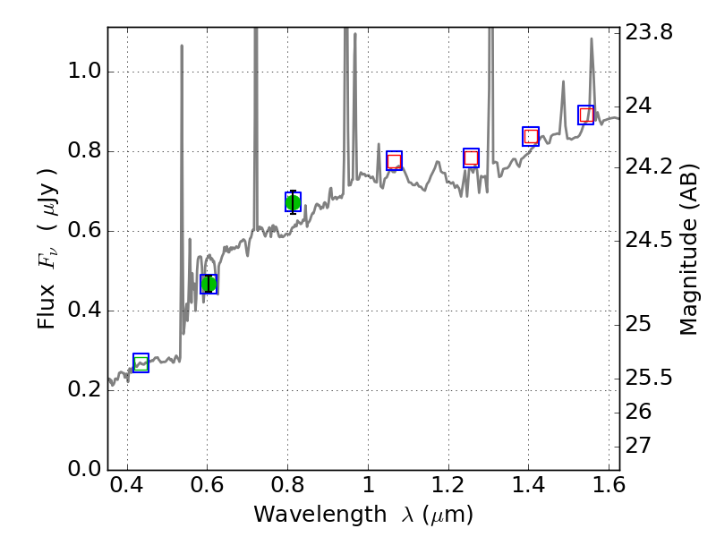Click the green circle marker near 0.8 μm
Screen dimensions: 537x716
[x=293, y=202]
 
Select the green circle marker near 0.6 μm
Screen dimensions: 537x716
[x=209, y=284]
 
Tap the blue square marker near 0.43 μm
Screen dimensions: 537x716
[x=141, y=362]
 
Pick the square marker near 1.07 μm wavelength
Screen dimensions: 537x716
[x=394, y=161]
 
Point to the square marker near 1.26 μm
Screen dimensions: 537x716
[x=471, y=158]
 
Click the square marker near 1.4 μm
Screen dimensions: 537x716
[x=531, y=136]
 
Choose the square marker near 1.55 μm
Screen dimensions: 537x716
[x=586, y=115]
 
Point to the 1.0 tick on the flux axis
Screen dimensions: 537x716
[x=86, y=72]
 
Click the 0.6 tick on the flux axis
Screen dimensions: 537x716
[x=86, y=232]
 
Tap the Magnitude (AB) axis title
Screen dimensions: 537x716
[x=688, y=249]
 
